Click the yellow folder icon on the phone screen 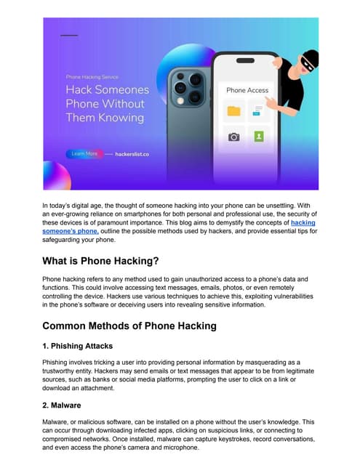pos(233,111)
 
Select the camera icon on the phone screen pos(233,137)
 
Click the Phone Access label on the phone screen pos(247,90)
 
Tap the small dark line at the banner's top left pos(69,35)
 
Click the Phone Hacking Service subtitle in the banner pos(92,76)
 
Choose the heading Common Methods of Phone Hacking pos(129,325)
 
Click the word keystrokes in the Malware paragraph pos(228,440)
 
